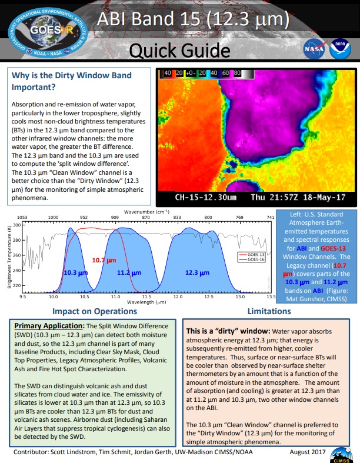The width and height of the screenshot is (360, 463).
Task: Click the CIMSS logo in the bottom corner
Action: [342, 453]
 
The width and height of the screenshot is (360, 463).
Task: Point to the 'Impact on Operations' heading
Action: [94, 311]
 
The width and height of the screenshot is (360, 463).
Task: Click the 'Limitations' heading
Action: [268, 311]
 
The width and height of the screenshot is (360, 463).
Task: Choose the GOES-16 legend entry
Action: [254, 242]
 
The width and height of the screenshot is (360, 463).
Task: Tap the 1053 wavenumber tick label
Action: [24, 217]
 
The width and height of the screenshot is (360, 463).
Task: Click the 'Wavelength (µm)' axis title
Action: [148, 303]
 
